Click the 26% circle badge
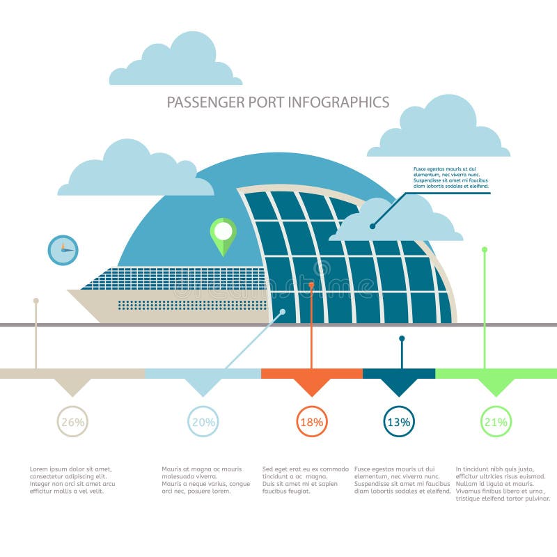pyautogui.click(x=72, y=421)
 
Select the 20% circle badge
pyautogui.click(x=203, y=421)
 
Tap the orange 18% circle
pyautogui.click(x=311, y=421)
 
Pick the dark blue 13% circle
pyautogui.click(x=399, y=421)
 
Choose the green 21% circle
pyautogui.click(x=496, y=421)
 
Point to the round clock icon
pyautogui.click(x=63, y=249)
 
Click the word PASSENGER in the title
pyautogui.click(x=205, y=102)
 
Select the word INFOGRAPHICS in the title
pyautogui.click(x=338, y=102)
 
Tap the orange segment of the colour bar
pyautogui.click(x=311, y=374)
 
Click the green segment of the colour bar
pyautogui.click(x=496, y=374)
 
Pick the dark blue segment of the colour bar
pyautogui.click(x=399, y=374)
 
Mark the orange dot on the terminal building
pyautogui.click(x=311, y=285)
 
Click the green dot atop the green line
pyautogui.click(x=485, y=249)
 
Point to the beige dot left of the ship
pyautogui.click(x=36, y=301)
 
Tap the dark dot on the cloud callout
pyautogui.click(x=372, y=226)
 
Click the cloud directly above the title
pyautogui.click(x=175, y=63)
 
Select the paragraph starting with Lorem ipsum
pyautogui.click(x=72, y=480)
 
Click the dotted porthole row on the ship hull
pyautogui.click(x=191, y=305)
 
